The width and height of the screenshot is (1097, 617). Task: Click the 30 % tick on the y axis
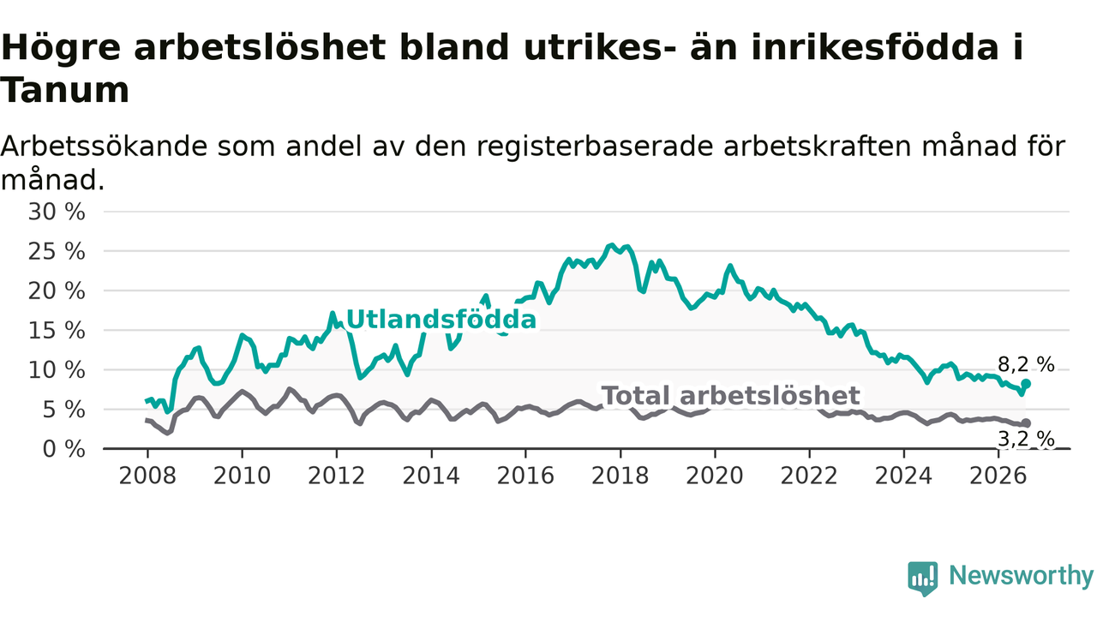click(57, 212)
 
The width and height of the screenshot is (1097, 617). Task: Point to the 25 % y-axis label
click(57, 252)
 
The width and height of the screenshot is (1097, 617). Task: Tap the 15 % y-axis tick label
click(57, 331)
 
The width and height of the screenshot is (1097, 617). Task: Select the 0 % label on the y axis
click(63, 449)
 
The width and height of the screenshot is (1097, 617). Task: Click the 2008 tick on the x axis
click(147, 476)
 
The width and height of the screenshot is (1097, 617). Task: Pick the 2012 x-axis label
click(337, 476)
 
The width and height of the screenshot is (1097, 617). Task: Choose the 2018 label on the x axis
click(620, 476)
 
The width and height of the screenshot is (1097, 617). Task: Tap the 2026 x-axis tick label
click(998, 476)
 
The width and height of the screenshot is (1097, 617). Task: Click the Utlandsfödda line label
click(441, 320)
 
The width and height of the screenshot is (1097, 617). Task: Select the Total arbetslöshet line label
click(731, 396)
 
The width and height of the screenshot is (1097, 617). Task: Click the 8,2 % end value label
click(1026, 365)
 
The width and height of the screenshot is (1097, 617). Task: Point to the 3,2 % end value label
click(1026, 440)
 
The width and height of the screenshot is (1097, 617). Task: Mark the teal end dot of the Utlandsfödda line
click(1026, 384)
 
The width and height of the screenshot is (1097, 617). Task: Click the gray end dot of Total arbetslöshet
click(1026, 423)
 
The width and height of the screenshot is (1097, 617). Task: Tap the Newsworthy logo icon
click(923, 578)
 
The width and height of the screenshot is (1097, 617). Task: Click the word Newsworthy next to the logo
click(1021, 575)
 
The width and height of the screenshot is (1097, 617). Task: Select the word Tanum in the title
click(65, 91)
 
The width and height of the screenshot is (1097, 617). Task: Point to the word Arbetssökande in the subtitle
click(104, 146)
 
